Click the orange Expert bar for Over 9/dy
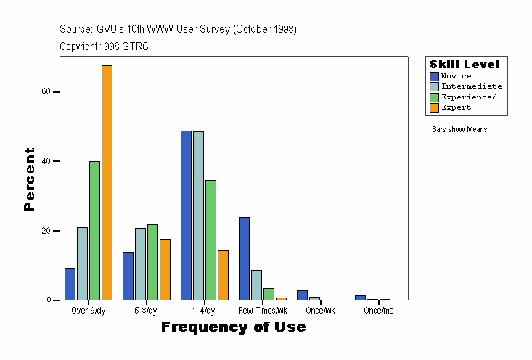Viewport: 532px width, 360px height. [107, 182]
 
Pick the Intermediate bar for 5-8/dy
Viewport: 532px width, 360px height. [140, 263]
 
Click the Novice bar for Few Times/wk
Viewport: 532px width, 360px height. [244, 258]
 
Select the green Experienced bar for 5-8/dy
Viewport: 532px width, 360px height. [152, 261]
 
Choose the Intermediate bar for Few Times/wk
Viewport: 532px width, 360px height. [256, 285]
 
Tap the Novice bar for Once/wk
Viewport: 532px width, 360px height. [302, 295]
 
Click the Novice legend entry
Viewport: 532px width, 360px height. [456, 76]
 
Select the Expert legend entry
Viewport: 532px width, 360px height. [456, 107]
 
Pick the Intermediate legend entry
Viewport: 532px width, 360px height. [471, 86]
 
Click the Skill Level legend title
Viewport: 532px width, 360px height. [465, 65]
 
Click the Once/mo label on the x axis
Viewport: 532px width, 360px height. [377, 311]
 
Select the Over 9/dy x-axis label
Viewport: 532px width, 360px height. [89, 311]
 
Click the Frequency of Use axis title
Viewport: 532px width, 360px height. [233, 327]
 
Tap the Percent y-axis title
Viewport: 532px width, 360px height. [29, 179]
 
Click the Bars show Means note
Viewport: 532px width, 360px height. [459, 130]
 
